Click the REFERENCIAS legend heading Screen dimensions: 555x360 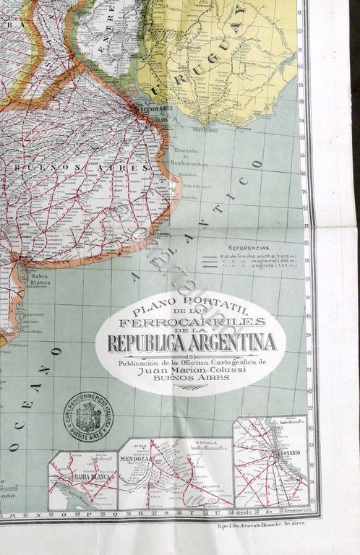[x=249, y=246]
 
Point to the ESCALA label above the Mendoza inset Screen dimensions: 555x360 [x=194, y=443]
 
